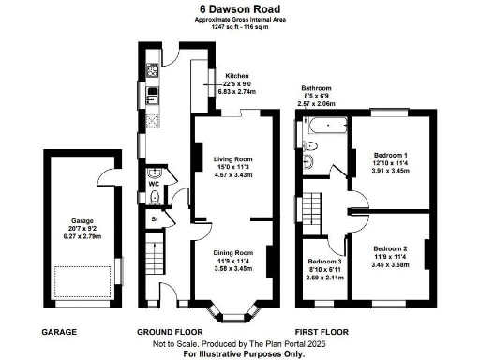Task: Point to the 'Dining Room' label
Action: (223, 252)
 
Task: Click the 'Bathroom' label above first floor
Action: (316, 88)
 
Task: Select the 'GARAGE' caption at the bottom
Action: (58, 332)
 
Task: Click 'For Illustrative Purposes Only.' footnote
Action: (242, 354)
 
